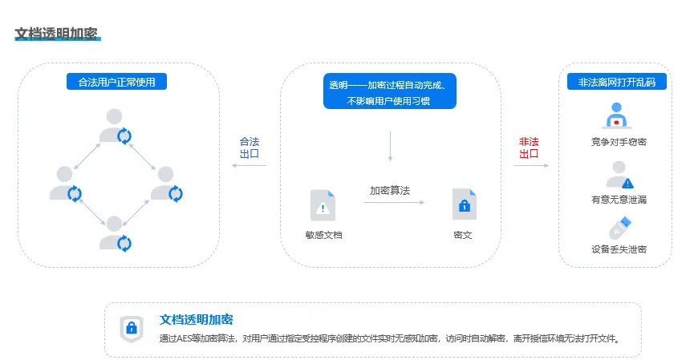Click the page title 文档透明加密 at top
tap(56, 34)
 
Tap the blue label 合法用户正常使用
tap(116, 82)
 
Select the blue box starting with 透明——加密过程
tap(389, 91)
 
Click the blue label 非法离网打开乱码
tap(616, 82)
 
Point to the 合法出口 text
tap(250, 148)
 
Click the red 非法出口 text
tap(529, 148)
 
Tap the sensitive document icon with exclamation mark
tap(323, 205)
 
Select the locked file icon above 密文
tap(465, 204)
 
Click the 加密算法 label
tap(390, 191)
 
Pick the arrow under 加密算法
tap(394, 203)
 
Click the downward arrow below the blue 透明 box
tap(390, 146)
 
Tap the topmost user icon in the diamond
tap(115, 126)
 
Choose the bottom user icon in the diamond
tap(115, 234)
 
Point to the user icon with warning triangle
tap(619, 175)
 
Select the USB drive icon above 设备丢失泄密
tap(620, 228)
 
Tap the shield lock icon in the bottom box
tap(132, 329)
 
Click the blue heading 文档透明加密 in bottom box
tap(196, 319)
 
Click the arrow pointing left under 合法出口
tap(249, 165)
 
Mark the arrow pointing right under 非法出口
tap(531, 165)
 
